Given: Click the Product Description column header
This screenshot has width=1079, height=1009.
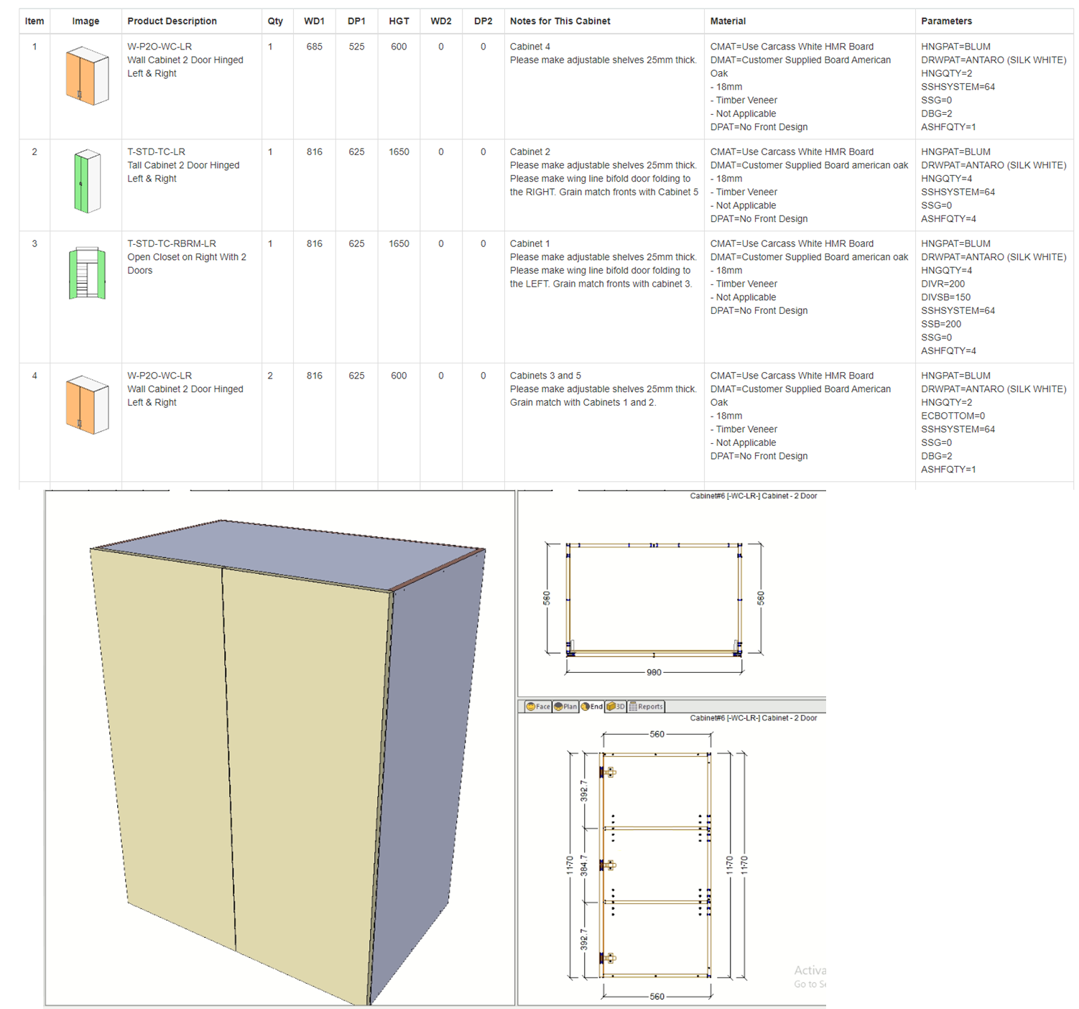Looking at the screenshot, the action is (x=172, y=22).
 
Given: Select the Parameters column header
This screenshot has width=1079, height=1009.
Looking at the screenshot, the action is (x=946, y=22).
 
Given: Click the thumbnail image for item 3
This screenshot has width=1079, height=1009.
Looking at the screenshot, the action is (x=87, y=273).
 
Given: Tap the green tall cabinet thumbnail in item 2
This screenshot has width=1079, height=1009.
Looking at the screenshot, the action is (x=87, y=181).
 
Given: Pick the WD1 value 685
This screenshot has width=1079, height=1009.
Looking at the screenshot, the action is (x=314, y=47).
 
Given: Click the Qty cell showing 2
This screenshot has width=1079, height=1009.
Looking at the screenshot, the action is (x=270, y=376).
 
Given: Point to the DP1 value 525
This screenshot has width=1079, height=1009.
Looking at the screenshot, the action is (x=356, y=47).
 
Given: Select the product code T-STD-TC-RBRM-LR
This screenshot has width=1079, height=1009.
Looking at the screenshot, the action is (x=172, y=243).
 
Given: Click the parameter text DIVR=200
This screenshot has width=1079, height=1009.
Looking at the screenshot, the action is (x=943, y=284).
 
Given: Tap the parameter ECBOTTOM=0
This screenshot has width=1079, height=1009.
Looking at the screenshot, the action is (x=953, y=416).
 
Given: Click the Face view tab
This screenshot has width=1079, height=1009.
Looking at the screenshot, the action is (x=538, y=707).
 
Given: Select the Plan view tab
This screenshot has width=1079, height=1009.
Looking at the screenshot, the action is (x=565, y=707).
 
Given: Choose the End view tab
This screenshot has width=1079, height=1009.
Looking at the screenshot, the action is (x=592, y=707).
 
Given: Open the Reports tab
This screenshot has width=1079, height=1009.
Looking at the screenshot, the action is (x=646, y=707).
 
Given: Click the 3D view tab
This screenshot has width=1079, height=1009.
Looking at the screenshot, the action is (x=616, y=707).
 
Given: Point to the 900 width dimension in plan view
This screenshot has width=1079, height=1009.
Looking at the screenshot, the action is (x=654, y=672).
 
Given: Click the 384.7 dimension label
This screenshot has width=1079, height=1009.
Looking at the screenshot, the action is (x=583, y=865).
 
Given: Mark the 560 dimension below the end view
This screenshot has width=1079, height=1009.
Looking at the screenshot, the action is (x=657, y=997).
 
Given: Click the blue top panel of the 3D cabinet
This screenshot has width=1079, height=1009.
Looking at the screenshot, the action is (x=288, y=554).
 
